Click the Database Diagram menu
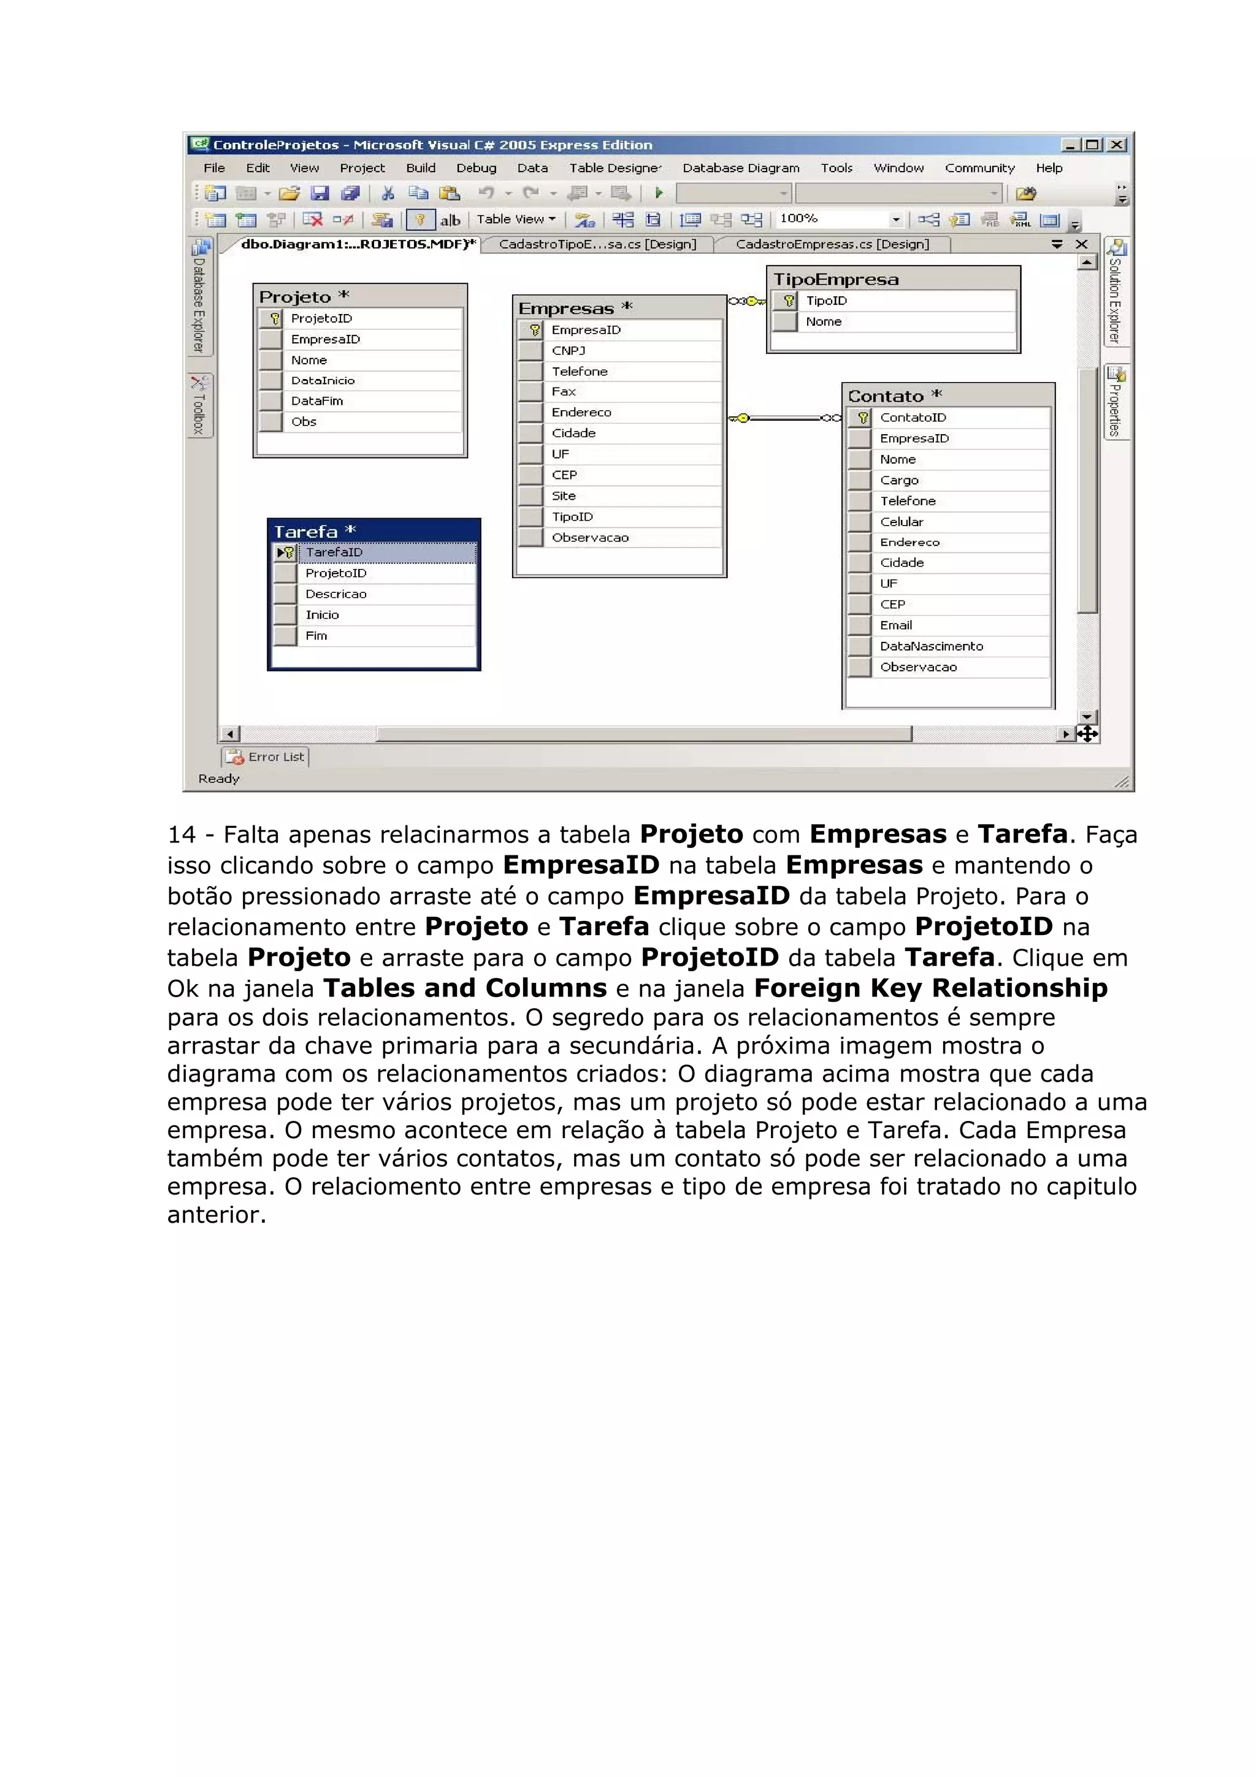(741, 168)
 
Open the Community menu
(979, 168)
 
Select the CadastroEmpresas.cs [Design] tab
(832, 245)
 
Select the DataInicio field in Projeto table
(323, 381)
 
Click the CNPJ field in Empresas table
(569, 351)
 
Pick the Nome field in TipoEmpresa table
(824, 322)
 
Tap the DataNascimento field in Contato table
(931, 646)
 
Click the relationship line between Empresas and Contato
(786, 419)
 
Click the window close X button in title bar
(1116, 145)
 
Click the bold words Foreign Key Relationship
(930, 988)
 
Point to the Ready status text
(219, 779)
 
